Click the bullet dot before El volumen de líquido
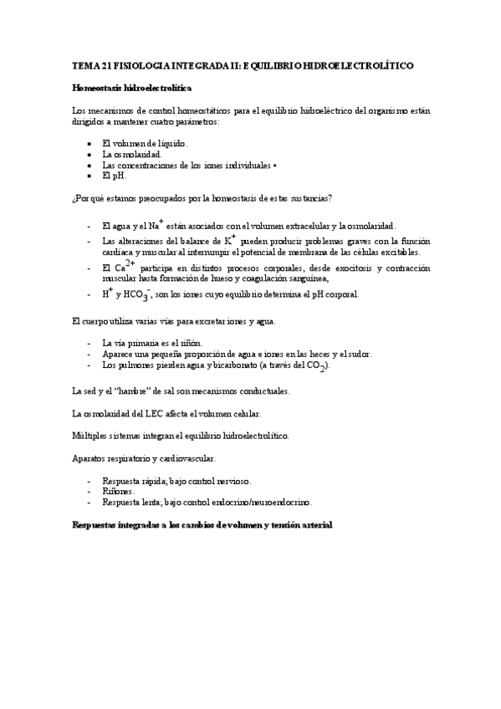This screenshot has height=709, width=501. pyautogui.click(x=89, y=144)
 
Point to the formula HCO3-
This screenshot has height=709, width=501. pyautogui.click(x=135, y=294)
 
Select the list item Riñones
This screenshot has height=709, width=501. pyautogui.click(x=118, y=492)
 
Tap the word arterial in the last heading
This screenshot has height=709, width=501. pyautogui.click(x=314, y=525)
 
